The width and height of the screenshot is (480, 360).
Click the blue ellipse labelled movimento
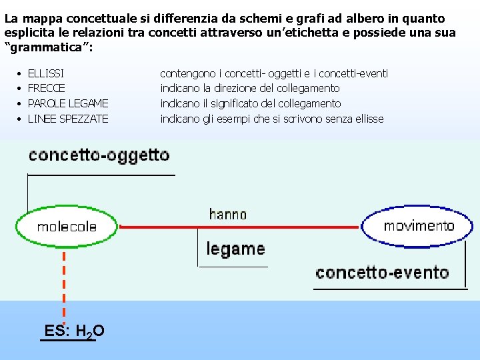pyautogui.click(x=417, y=225)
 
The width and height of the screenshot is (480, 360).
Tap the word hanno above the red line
pyautogui.click(x=227, y=214)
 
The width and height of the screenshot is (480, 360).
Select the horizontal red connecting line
pyautogui.click(x=240, y=227)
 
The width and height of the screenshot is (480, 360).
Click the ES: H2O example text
pyautogui.click(x=74, y=331)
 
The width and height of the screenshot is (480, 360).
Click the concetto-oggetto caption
pyautogui.click(x=99, y=156)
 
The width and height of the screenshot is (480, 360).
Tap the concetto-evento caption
pyautogui.click(x=382, y=272)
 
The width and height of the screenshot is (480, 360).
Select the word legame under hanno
pyautogui.click(x=235, y=249)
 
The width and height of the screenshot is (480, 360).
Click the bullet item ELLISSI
pyautogui.click(x=46, y=73)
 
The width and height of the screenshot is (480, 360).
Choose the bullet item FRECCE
pyautogui.click(x=47, y=89)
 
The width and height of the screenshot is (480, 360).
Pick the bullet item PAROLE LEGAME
pyautogui.click(x=68, y=103)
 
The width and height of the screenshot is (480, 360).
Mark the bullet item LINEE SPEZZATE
pyautogui.click(x=68, y=119)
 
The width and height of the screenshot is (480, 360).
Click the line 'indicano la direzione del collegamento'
pyautogui.click(x=250, y=89)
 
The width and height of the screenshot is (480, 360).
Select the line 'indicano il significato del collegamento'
pyautogui.click(x=251, y=103)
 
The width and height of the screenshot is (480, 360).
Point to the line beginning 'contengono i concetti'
pyautogui.click(x=274, y=73)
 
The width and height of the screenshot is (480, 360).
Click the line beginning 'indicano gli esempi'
pyautogui.click(x=272, y=119)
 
